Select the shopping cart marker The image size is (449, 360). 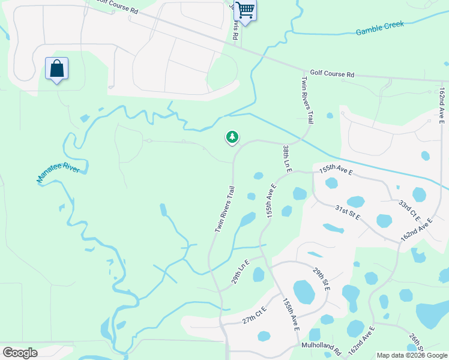(x=244, y=10)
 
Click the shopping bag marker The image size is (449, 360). (x=56, y=69)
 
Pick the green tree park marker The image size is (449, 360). (x=232, y=137)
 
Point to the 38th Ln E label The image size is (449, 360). (x=287, y=159)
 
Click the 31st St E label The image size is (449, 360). (x=347, y=212)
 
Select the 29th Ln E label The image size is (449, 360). (x=240, y=272)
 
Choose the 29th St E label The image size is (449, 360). (x=321, y=280)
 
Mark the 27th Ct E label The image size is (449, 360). (x=254, y=316)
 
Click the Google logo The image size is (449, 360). (x=20, y=353)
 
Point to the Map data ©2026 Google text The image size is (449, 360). (x=412, y=355)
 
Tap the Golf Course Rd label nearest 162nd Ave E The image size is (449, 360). (x=332, y=74)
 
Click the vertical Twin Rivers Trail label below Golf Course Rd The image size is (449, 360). (x=307, y=100)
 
